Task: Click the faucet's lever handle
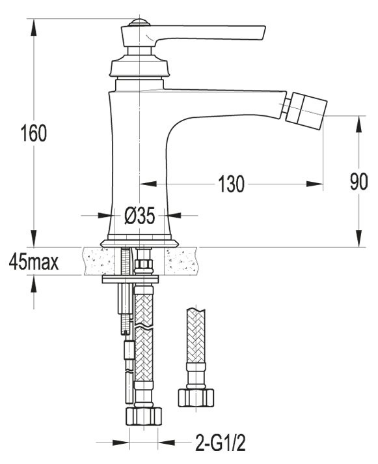coord(208,33)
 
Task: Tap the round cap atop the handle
coord(137,23)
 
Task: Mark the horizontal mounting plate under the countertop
coord(130,280)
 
